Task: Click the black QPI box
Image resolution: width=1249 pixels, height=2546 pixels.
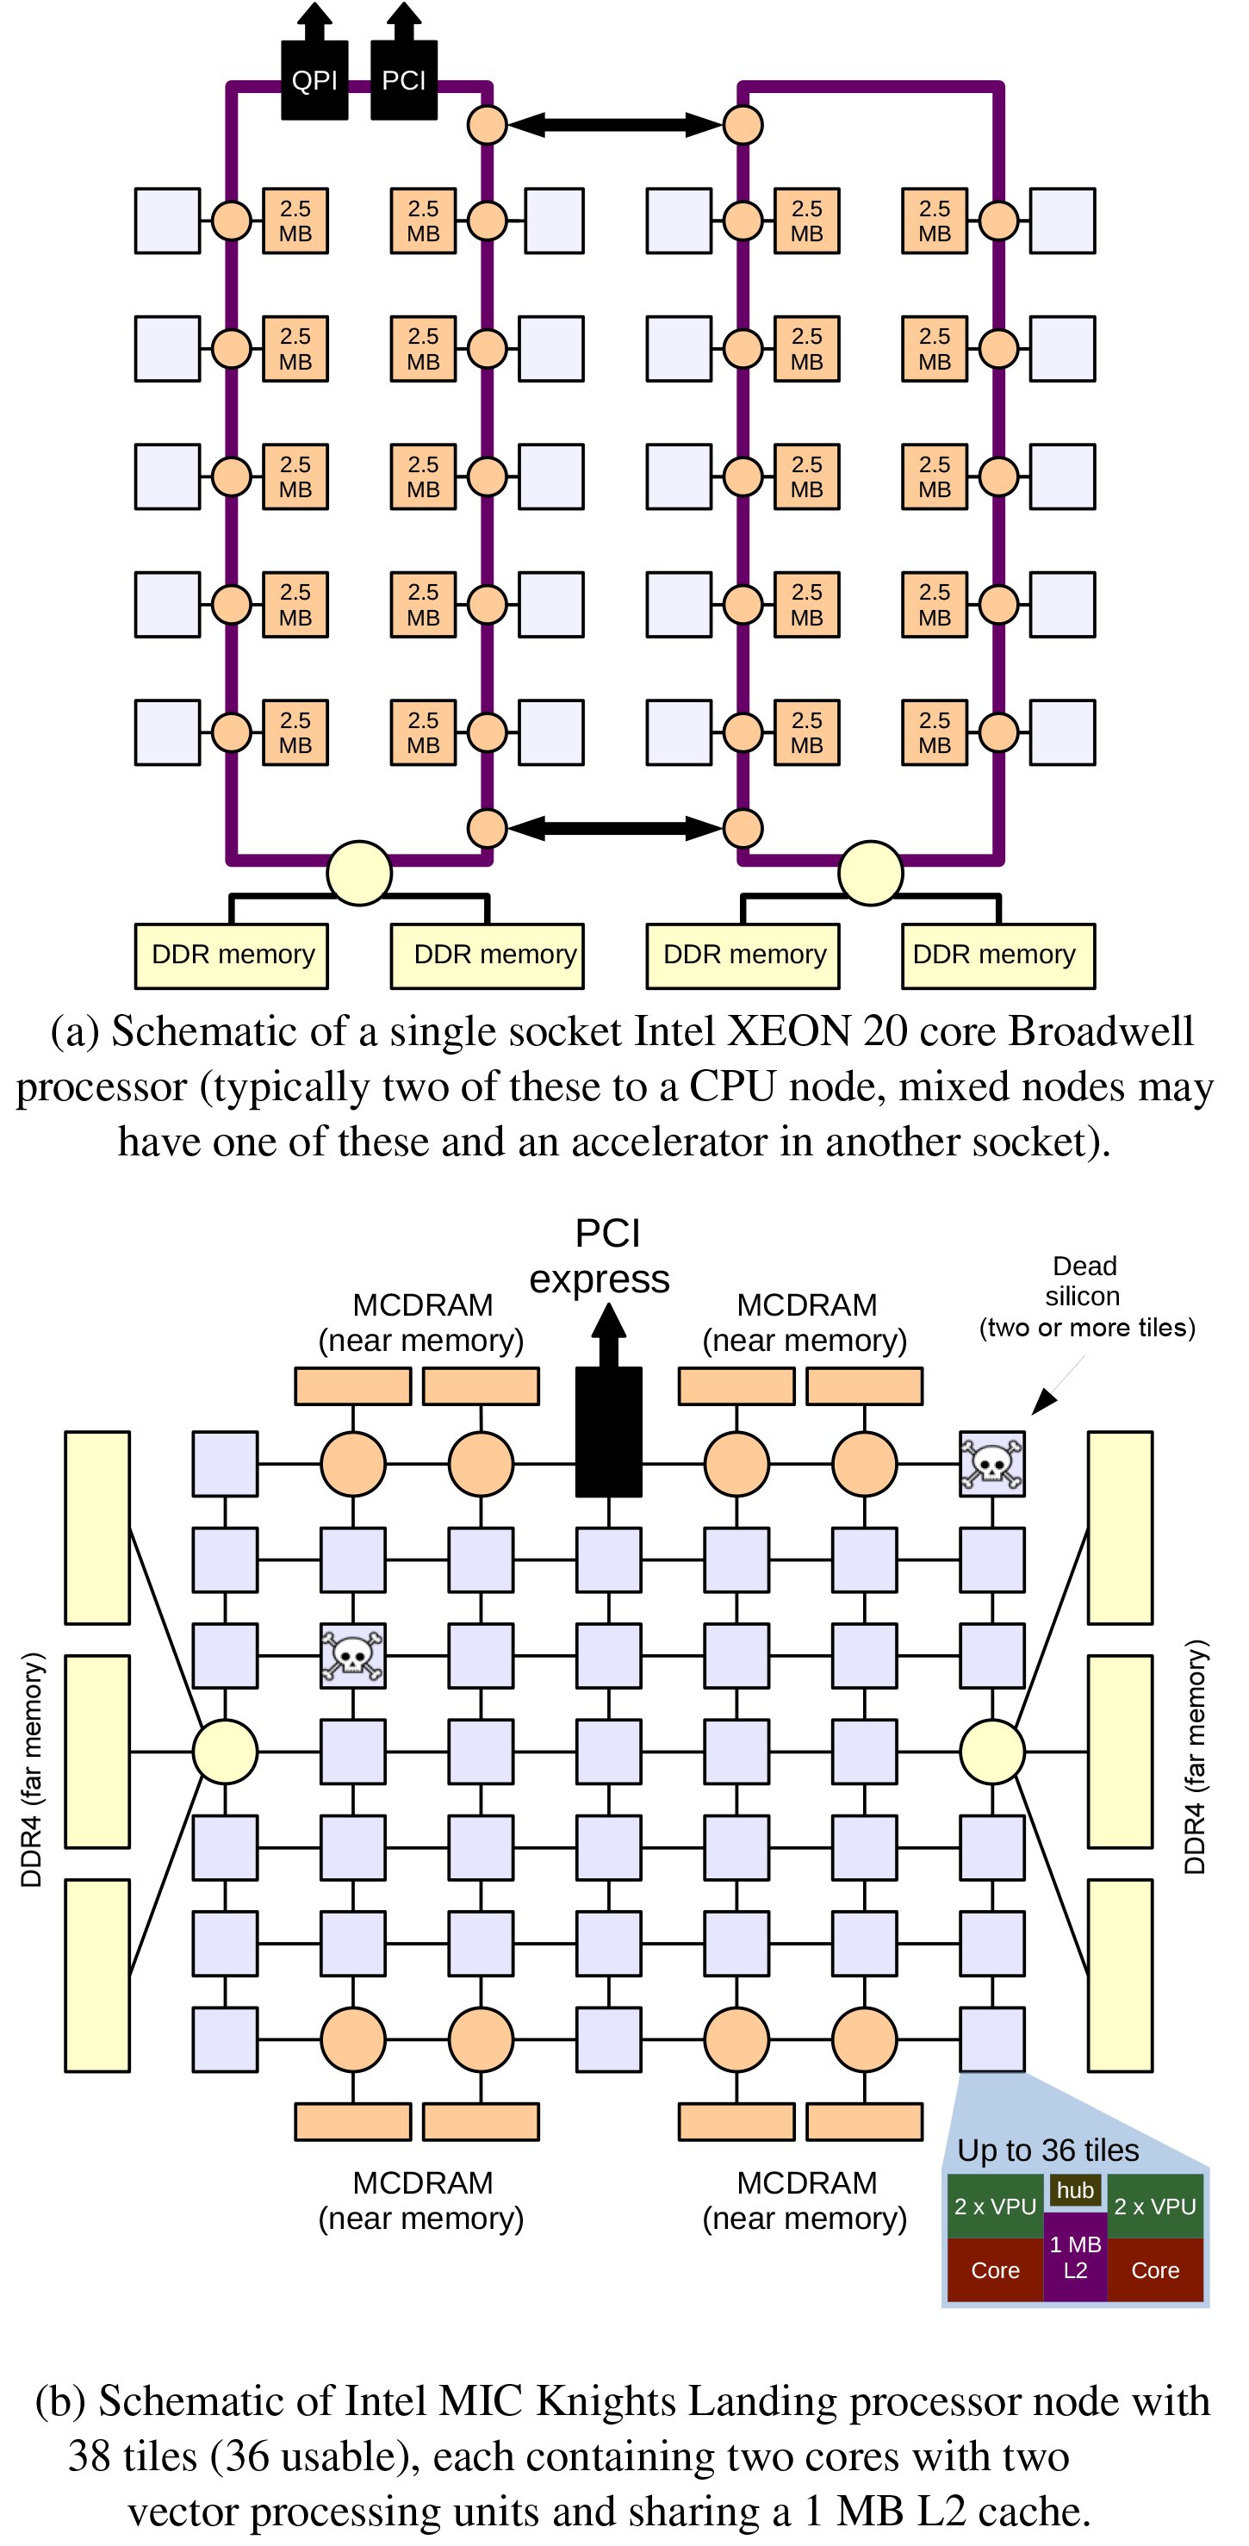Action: click(x=314, y=80)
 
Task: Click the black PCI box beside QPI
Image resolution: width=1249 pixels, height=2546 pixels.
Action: click(x=403, y=80)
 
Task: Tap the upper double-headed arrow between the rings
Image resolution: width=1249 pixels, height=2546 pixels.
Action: click(x=615, y=125)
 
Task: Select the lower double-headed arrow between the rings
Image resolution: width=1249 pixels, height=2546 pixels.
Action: click(x=615, y=827)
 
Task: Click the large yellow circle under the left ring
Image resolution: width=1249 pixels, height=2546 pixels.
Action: click(x=360, y=873)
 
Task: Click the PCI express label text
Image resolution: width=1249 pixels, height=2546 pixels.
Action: click(x=600, y=1256)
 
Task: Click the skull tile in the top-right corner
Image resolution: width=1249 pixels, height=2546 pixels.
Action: click(x=992, y=1464)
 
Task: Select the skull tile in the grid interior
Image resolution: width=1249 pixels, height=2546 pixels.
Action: click(x=353, y=1655)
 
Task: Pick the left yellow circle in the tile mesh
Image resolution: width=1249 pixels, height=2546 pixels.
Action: click(x=226, y=1752)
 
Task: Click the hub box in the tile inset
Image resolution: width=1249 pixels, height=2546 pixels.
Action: click(x=1075, y=2189)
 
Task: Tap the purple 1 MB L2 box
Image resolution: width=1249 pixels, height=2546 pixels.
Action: click(x=1075, y=2257)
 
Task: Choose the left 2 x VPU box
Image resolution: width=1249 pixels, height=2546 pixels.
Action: click(x=994, y=2206)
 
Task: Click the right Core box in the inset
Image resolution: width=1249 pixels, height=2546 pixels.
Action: click(x=1155, y=2270)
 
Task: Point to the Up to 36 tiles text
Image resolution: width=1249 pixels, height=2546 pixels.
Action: click(x=1047, y=2151)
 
